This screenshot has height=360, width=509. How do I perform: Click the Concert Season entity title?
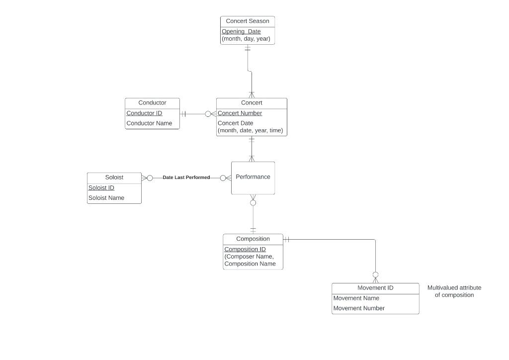[247, 21]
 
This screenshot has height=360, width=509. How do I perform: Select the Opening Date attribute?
[241, 31]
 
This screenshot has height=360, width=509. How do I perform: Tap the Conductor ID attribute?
[144, 113]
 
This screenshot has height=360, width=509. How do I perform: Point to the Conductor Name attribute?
[149, 123]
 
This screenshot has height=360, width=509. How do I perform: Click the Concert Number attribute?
[240, 113]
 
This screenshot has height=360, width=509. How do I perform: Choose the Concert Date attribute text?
[235, 123]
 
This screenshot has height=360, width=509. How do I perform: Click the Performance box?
[253, 177]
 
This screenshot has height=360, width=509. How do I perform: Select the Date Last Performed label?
[186, 178]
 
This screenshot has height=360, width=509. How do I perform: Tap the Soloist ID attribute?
[101, 188]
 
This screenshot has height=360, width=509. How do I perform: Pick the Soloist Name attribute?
[106, 198]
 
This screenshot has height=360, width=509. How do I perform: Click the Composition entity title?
[253, 239]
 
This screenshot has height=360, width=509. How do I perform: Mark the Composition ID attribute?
[245, 249]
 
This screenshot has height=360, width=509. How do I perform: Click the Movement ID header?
[375, 288]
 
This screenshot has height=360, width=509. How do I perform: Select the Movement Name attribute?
[356, 298]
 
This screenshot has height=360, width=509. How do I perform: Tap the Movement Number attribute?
[359, 308]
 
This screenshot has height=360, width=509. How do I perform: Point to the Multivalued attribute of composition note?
[454, 291]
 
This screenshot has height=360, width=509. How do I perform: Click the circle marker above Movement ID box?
[375, 274]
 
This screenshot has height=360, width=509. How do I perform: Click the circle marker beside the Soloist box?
[150, 178]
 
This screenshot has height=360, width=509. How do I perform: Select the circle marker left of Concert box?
[208, 114]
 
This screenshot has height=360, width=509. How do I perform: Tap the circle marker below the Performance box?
[253, 203]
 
